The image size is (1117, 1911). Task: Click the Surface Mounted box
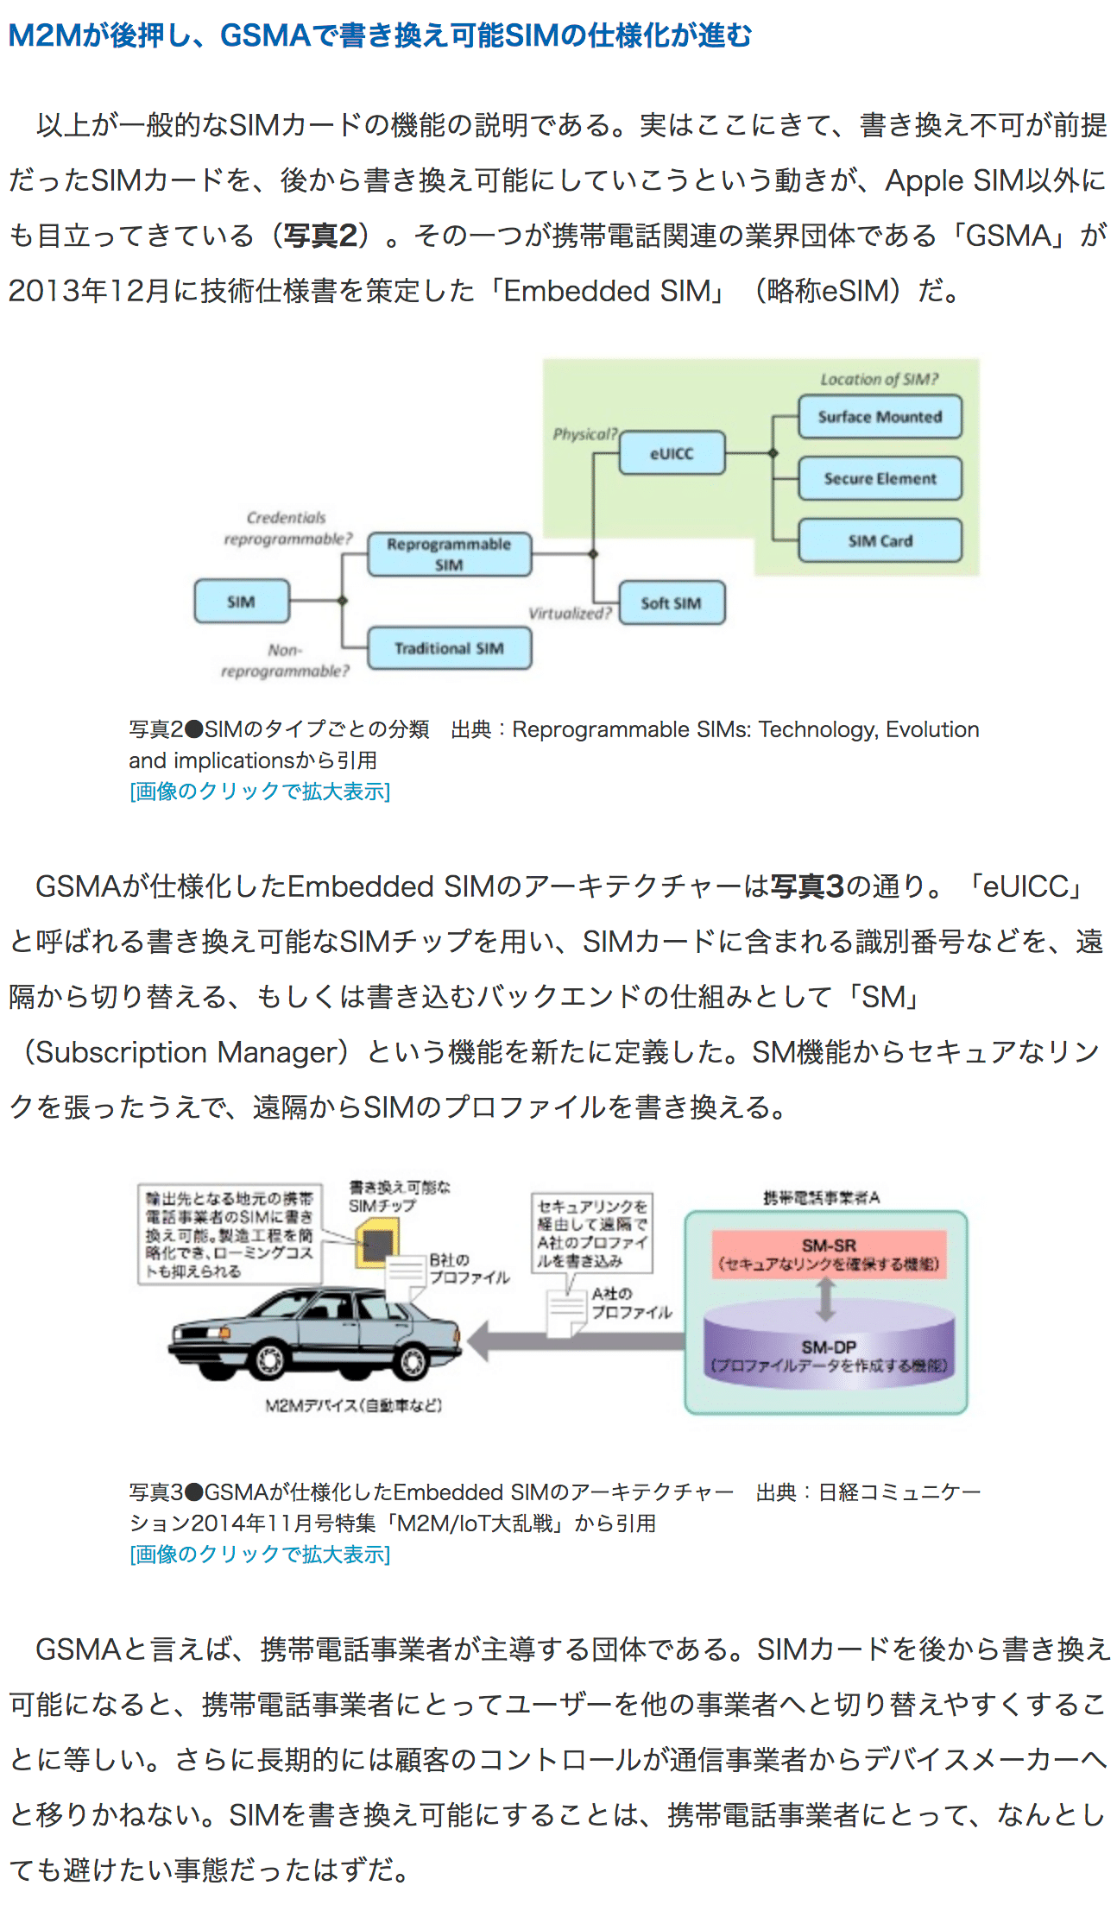coord(879,417)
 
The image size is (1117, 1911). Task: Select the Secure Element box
coord(879,479)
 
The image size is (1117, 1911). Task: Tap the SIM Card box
coord(879,541)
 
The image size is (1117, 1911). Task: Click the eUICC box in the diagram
coord(672,454)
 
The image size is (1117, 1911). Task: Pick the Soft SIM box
coord(671,603)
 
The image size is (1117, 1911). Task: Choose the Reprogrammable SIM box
coord(449,554)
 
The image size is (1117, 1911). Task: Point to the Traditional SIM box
coord(449,648)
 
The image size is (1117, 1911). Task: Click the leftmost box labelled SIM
coord(241,602)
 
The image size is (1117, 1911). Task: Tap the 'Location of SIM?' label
coord(879,379)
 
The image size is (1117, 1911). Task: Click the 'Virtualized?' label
coord(570,614)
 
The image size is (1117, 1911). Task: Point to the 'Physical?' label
coord(584,433)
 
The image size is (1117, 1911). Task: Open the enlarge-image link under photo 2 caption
coord(260,792)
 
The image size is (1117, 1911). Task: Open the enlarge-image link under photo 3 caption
coord(260,1555)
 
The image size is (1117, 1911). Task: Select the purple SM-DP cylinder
coord(829,1351)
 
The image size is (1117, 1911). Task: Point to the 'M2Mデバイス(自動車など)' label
coord(353,1405)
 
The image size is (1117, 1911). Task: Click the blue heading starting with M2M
coord(380,35)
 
